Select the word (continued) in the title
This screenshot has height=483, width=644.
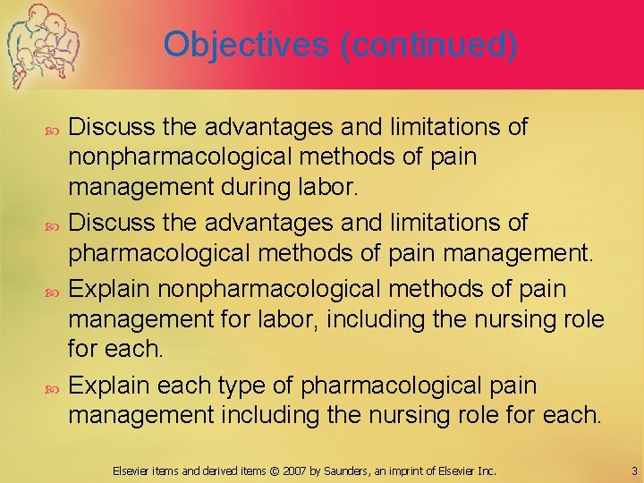[x=428, y=45]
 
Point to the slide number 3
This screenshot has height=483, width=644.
[x=633, y=470]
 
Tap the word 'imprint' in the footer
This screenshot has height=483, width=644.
[x=414, y=470]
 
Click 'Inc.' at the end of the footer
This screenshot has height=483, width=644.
[x=487, y=470]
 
